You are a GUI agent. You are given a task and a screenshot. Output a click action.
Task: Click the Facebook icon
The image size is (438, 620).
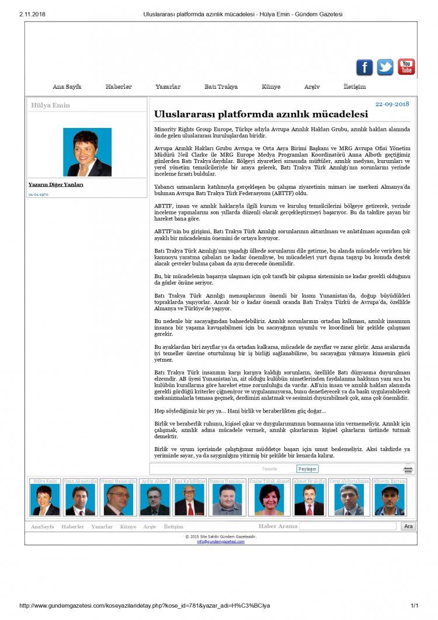[364, 67]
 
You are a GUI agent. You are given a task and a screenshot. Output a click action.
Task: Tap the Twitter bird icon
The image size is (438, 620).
[385, 67]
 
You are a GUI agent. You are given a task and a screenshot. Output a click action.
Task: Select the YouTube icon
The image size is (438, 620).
[406, 67]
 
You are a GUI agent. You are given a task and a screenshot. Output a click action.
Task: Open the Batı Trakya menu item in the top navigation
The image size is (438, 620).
[221, 86]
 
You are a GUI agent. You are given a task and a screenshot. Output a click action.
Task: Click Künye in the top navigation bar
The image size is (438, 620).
[271, 86]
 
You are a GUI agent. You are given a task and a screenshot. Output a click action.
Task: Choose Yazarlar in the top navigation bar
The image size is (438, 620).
[168, 86]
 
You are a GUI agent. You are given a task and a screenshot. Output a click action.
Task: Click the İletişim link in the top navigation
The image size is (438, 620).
[354, 86]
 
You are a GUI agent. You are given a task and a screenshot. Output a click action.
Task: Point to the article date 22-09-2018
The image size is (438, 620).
[392, 103]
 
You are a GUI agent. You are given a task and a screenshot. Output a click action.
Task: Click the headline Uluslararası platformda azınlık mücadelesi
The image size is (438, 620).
[260, 114]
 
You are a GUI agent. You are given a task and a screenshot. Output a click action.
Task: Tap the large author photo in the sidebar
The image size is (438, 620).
[87, 152]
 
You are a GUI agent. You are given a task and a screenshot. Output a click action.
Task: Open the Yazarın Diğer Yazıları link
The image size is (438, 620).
[56, 185]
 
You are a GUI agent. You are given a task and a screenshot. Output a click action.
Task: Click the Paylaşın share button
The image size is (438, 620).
[307, 469]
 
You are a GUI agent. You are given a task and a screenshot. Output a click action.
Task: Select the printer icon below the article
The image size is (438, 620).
[408, 469]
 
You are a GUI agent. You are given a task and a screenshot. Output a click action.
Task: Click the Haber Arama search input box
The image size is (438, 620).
[348, 526]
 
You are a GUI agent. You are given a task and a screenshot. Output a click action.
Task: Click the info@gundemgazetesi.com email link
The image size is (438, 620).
[221, 542]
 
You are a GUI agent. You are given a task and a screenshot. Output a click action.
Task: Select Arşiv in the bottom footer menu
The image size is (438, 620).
[150, 527]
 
